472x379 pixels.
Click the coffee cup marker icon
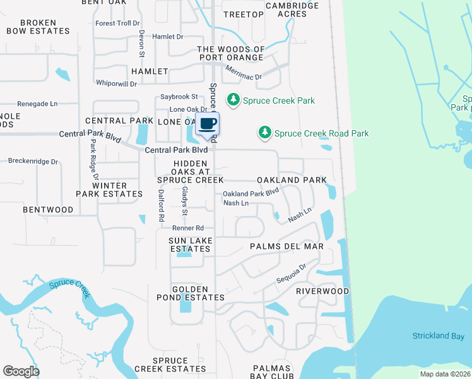point(208,123)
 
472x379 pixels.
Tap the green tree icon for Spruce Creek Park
point(233,100)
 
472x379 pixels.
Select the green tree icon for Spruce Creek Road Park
point(265,133)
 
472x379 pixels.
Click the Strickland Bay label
point(438,335)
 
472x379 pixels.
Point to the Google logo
point(21,371)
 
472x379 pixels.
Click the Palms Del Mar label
point(286,246)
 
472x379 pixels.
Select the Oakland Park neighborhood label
point(292,180)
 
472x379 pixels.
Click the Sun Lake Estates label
point(191,244)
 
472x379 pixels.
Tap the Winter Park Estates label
point(109,189)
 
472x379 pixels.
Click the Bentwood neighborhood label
point(48,209)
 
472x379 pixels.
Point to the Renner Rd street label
point(189,228)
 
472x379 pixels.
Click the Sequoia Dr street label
point(291,273)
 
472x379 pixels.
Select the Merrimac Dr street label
point(243,73)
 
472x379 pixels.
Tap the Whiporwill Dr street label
point(116,83)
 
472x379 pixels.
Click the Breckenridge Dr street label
point(33,162)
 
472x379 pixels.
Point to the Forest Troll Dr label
point(117,23)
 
